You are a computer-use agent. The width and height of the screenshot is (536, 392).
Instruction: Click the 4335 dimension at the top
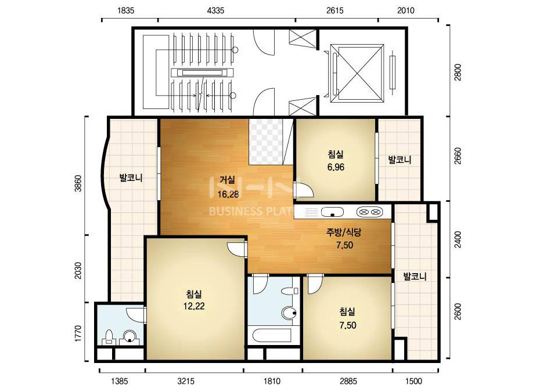coord(215,10)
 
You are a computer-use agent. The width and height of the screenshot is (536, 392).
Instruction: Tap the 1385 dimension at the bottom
coord(119,381)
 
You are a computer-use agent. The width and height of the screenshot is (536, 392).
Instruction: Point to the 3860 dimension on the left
coord(78,183)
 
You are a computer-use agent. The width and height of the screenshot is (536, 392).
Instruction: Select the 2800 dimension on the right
coord(458,72)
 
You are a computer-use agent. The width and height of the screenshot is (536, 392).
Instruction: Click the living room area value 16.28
coord(228,194)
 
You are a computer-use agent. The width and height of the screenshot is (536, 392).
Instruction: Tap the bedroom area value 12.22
coord(194,306)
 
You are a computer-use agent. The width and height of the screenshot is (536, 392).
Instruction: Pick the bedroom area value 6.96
coord(336,167)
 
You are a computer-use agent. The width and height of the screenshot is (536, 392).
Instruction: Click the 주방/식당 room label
coord(344,233)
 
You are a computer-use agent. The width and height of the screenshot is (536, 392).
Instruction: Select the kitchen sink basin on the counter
coord(332,212)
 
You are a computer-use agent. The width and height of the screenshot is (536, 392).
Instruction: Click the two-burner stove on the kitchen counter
coord(369,212)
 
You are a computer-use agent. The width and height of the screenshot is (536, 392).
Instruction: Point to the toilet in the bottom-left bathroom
coord(109,336)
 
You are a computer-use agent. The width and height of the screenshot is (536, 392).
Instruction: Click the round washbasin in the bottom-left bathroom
coord(129,336)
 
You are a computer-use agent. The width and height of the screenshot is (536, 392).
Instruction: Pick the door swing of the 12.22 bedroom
coord(236,249)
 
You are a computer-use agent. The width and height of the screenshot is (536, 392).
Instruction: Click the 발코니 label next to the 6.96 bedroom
coord(400,159)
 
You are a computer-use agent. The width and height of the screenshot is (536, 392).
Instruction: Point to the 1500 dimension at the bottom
coord(413,381)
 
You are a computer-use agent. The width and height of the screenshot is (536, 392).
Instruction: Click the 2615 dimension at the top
coord(334,10)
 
